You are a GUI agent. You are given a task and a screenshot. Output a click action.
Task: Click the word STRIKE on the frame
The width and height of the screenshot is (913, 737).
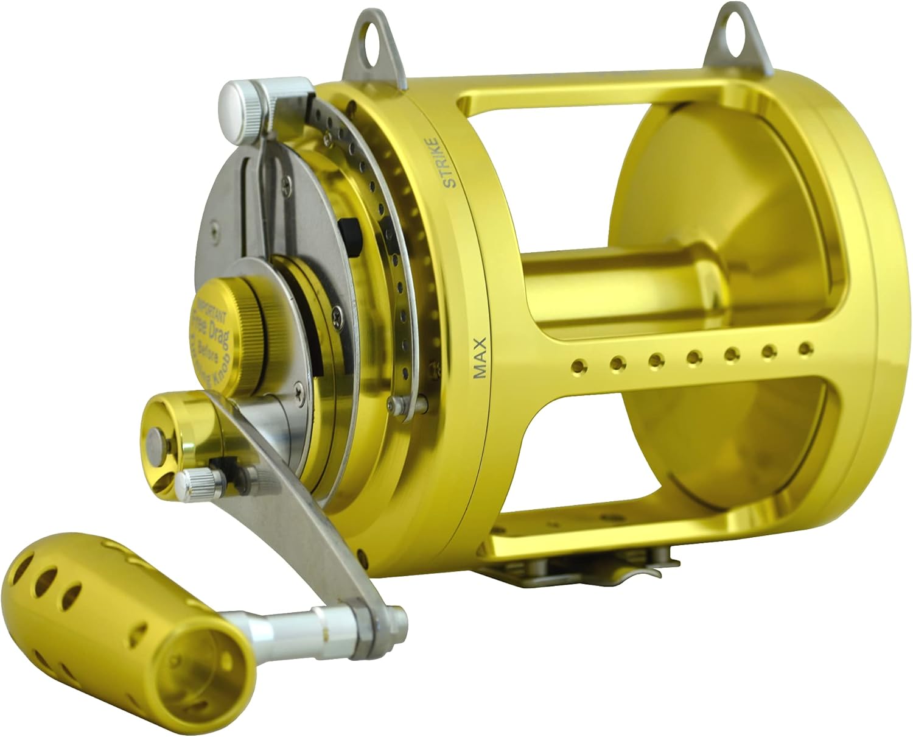[449, 163]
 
